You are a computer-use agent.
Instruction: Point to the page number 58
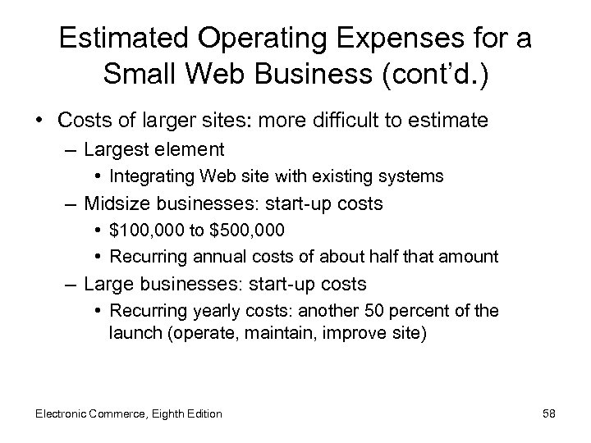point(549,413)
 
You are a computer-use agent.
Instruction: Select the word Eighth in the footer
point(166,413)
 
